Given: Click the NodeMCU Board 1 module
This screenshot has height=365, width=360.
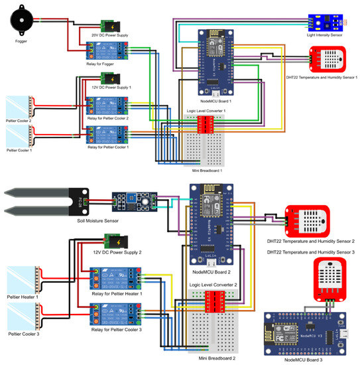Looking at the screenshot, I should coord(216,59).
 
